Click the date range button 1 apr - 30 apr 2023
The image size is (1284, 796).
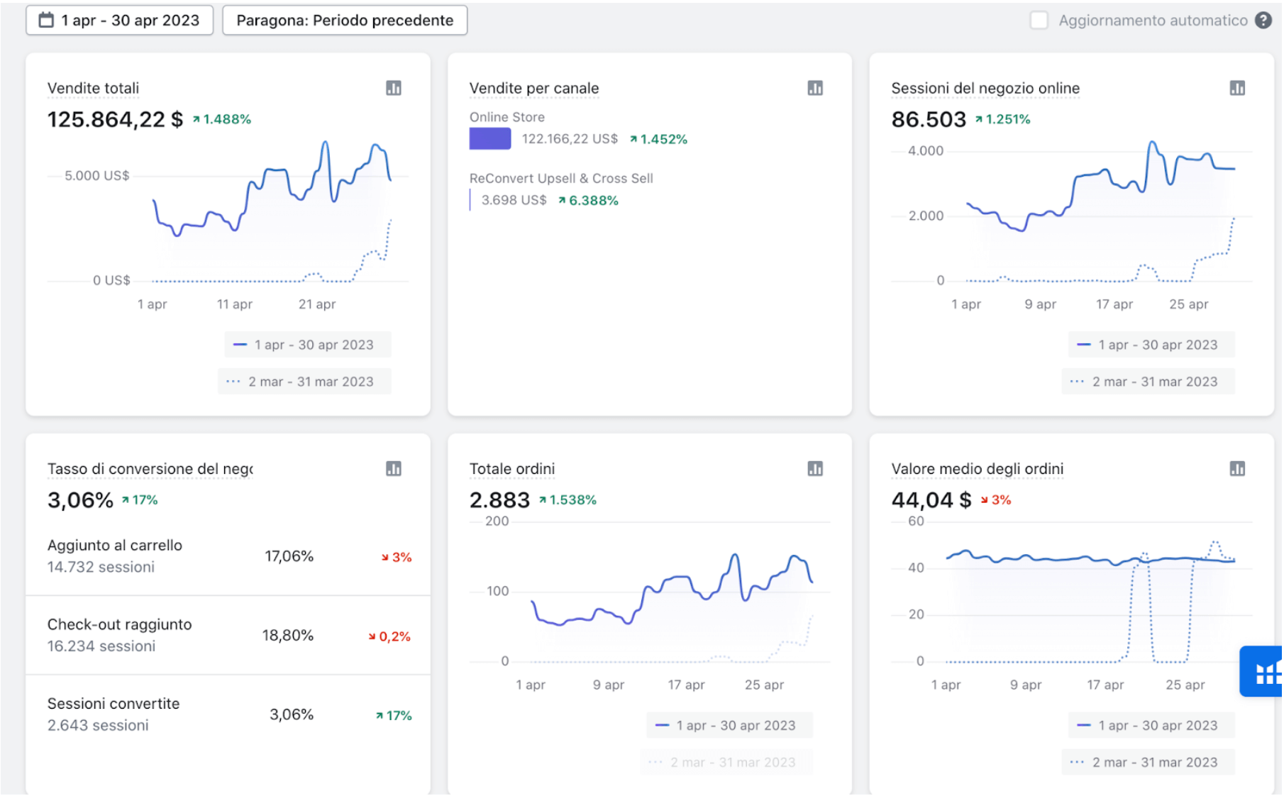tap(119, 21)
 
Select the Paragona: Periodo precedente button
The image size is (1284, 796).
tap(345, 21)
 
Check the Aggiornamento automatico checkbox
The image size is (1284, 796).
tap(1039, 21)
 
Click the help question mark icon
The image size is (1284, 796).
tap(1263, 21)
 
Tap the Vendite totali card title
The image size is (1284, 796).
tap(93, 88)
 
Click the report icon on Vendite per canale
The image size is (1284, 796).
tap(815, 88)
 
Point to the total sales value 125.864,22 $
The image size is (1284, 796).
tap(115, 119)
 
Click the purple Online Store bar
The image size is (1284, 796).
tap(490, 138)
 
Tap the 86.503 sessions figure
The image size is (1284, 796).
tap(929, 119)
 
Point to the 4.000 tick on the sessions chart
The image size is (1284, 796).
tap(926, 150)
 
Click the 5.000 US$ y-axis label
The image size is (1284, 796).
tap(97, 176)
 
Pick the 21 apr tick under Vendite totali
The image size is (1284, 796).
tap(317, 304)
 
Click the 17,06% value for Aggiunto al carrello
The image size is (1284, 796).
tap(289, 556)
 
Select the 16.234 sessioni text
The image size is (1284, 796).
tap(101, 646)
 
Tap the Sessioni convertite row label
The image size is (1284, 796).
tap(114, 704)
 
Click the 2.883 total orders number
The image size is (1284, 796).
tap(499, 500)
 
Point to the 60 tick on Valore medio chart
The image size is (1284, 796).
tap(917, 521)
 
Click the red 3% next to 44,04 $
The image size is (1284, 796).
tap(996, 500)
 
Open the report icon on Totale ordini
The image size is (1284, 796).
tap(815, 468)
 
